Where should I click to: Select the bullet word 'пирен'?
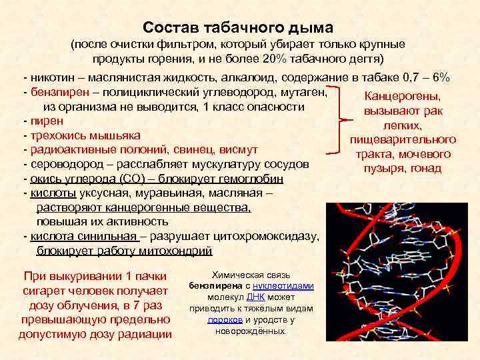46,121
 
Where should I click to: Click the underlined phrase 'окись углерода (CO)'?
80,179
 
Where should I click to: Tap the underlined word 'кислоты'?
47,194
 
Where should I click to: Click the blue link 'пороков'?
220,319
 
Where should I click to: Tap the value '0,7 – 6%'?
425,77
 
